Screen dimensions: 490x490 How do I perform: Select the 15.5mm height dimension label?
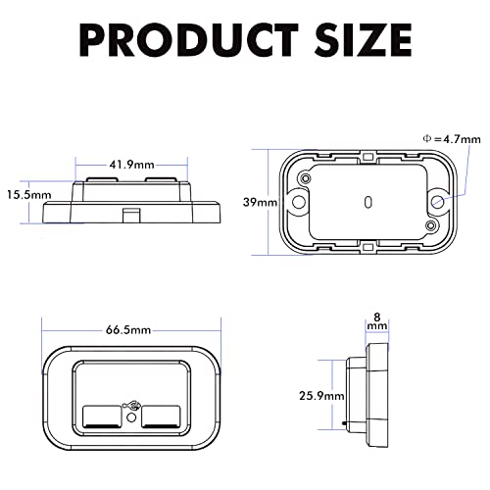26,194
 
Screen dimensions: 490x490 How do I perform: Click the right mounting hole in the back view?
437,201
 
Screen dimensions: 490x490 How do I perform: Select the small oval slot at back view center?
367,202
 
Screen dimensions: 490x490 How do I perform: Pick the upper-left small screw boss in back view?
308,180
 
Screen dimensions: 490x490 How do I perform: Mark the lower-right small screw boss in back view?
429,225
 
